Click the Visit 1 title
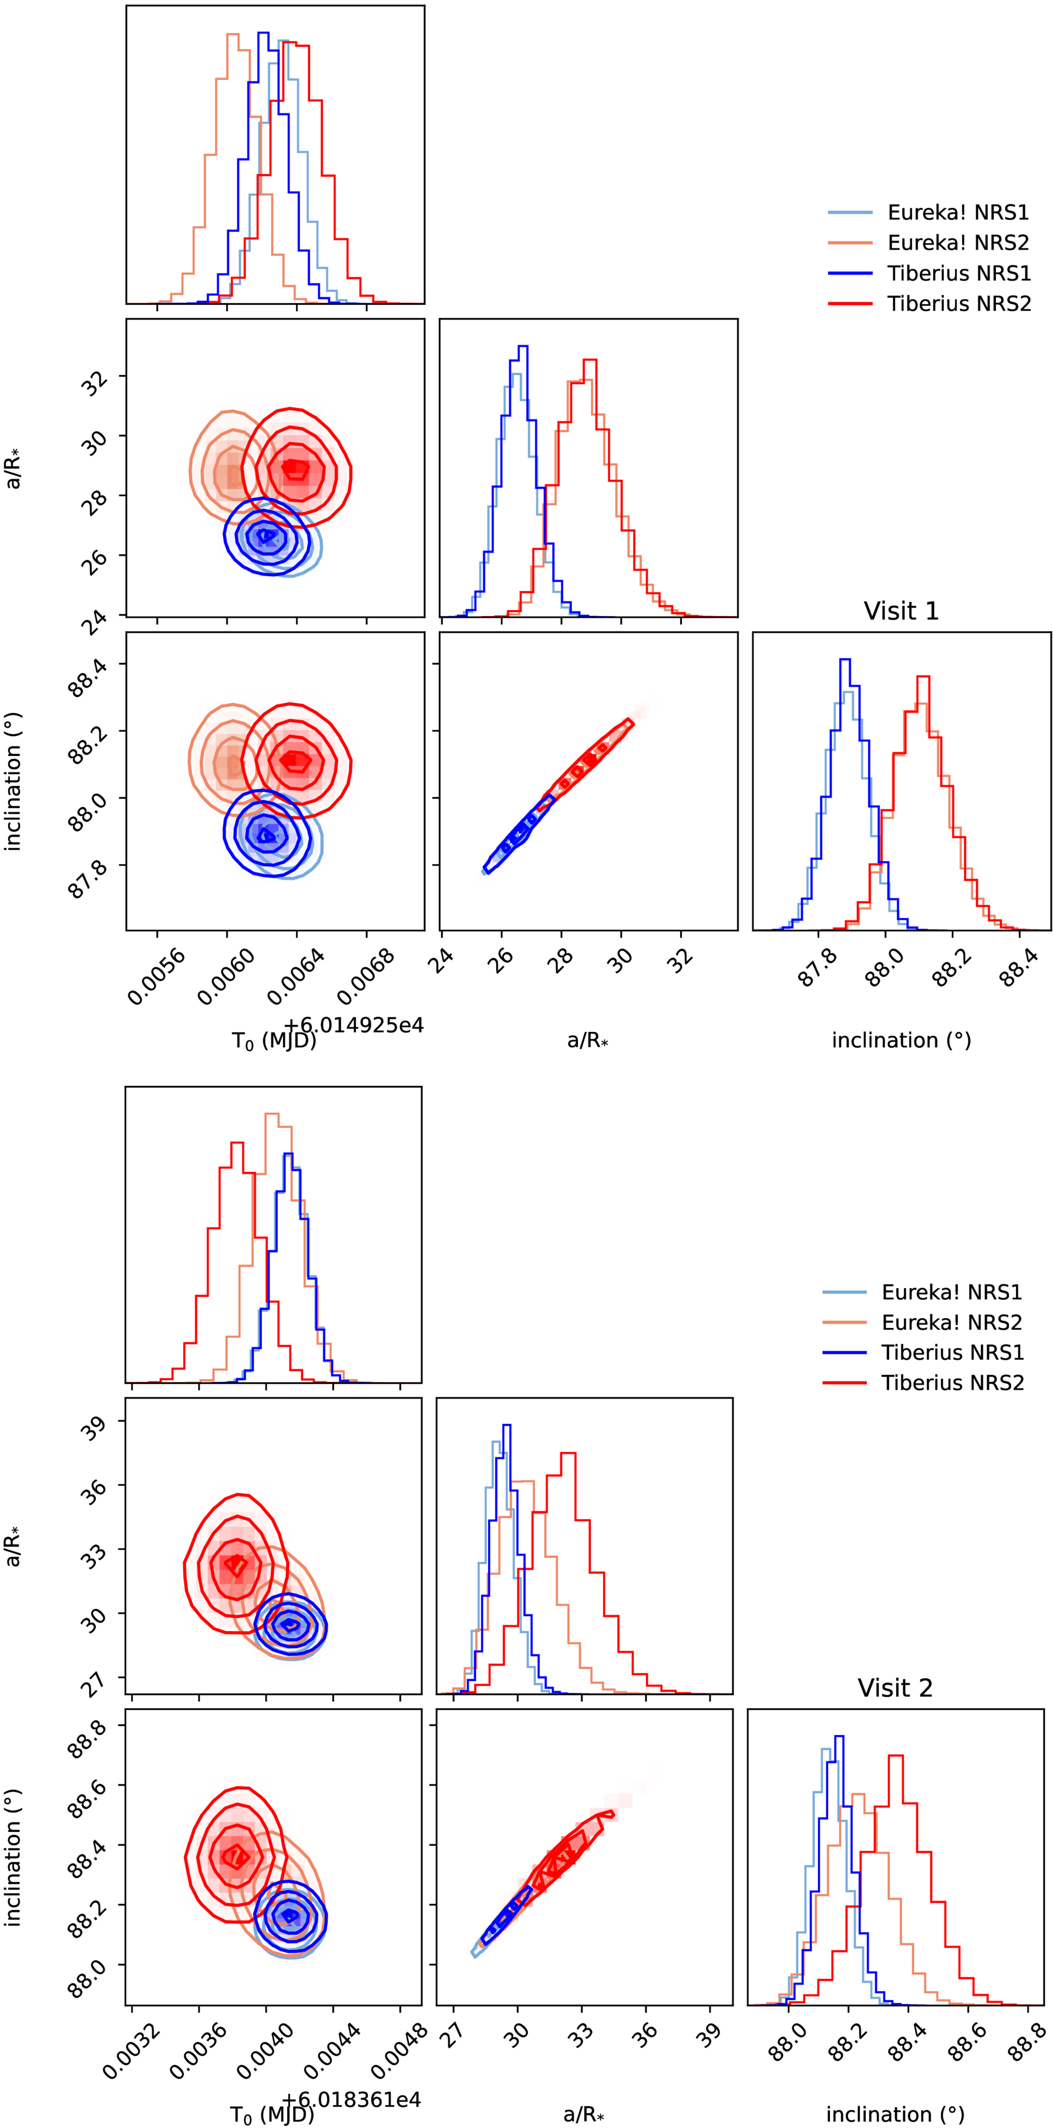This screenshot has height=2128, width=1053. point(900,611)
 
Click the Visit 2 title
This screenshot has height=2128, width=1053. point(894,1687)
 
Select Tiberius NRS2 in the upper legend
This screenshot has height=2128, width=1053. point(959,304)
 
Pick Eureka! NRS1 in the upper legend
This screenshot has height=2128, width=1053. point(958,213)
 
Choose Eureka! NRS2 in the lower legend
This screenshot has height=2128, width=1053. point(951,1323)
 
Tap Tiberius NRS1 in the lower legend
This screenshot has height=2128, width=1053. point(952,1352)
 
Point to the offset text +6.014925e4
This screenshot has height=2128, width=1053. point(354,1025)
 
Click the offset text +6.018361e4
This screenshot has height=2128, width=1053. point(351,2099)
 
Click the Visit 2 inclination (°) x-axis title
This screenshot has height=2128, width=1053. point(895,2114)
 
